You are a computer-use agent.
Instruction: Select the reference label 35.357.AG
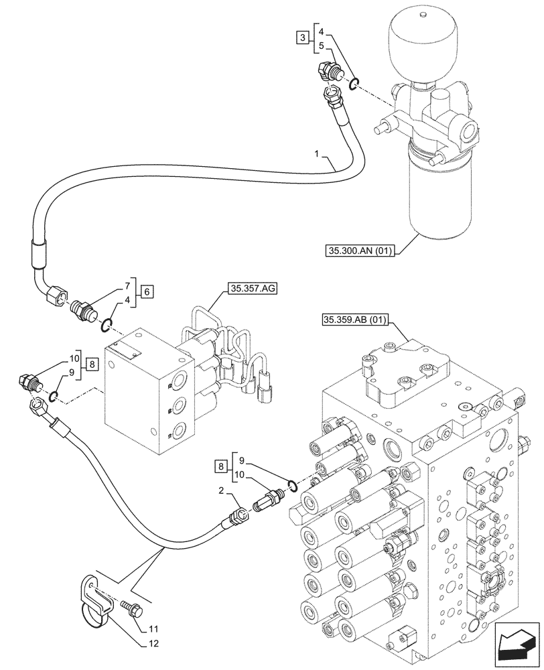pyautogui.click(x=253, y=289)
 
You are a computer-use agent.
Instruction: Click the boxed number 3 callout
pyautogui.click(x=303, y=38)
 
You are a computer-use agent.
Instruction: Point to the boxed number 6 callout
pyautogui.click(x=147, y=291)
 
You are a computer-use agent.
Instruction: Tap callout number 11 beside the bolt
pyautogui.click(x=153, y=628)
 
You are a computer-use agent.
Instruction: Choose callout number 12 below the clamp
pyautogui.click(x=153, y=645)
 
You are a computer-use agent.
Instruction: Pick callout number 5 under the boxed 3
pyautogui.click(x=321, y=46)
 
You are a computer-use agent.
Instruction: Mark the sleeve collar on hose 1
pyautogui.click(x=39, y=256)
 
